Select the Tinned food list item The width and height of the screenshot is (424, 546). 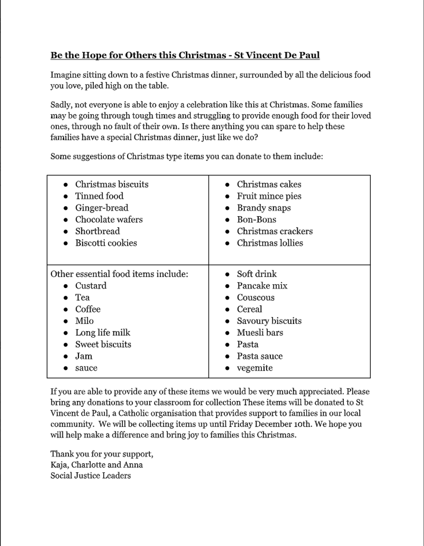pos(99,196)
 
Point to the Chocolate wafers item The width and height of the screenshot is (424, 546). pos(109,220)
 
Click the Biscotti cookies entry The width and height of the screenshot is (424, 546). pos(106,243)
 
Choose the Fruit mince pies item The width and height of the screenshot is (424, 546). pos(269,196)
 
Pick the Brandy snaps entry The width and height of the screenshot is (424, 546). pos(264,208)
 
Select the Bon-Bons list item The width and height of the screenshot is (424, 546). pos(256,220)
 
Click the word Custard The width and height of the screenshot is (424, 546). pos(91,286)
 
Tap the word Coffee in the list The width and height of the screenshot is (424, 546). pos(88,309)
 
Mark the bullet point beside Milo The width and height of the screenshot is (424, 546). pos(66,321)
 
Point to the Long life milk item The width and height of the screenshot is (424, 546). pos(103,333)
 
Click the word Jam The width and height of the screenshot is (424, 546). pos(84,356)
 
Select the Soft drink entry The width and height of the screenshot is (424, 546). pos(257,274)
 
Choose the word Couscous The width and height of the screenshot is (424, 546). pos(256,298)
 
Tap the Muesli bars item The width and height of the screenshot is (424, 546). pos(260,333)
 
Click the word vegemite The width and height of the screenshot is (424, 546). pos(255,368)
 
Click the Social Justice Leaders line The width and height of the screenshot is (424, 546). pos(91,476)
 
